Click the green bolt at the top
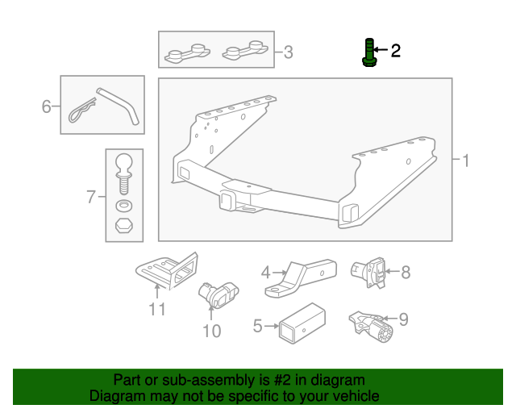[x=368, y=52]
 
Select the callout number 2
[x=395, y=52]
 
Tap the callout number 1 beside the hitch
[x=465, y=161]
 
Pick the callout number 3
[x=288, y=54]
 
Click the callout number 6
[x=47, y=106]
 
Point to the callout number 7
[x=91, y=195]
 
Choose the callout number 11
[x=156, y=308]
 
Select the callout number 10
[x=211, y=330]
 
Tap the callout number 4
[x=265, y=273]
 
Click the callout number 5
[x=258, y=327]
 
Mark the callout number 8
[x=406, y=272]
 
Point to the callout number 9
[x=403, y=319]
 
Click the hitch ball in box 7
[x=124, y=166]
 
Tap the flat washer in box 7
[x=124, y=206]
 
